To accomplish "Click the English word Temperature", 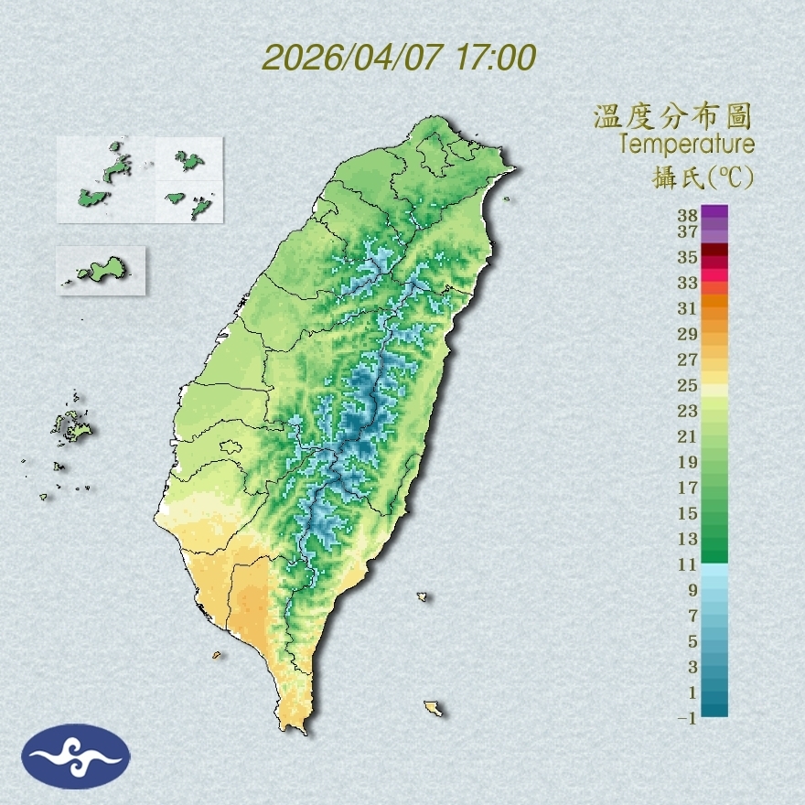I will pyautogui.click(x=686, y=145).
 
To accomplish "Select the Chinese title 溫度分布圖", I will pyautogui.click(x=673, y=117).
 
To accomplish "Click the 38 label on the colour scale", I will pyautogui.click(x=688, y=216).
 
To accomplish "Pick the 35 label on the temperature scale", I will pyautogui.click(x=688, y=257).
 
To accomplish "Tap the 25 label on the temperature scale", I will pyautogui.click(x=688, y=385).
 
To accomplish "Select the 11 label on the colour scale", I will pyautogui.click(x=688, y=564).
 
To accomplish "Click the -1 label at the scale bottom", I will pyautogui.click(x=686, y=718).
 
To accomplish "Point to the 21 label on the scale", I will pyautogui.click(x=688, y=436).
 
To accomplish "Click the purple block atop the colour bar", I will pyautogui.click(x=714, y=211).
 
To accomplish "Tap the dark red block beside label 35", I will pyautogui.click(x=714, y=251).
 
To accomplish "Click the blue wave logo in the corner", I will pyautogui.click(x=76, y=757).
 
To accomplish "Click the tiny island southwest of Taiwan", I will pyautogui.click(x=217, y=655).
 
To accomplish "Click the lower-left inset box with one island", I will pyautogui.click(x=101, y=270).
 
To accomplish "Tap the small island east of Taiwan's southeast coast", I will pyautogui.click(x=423, y=596).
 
